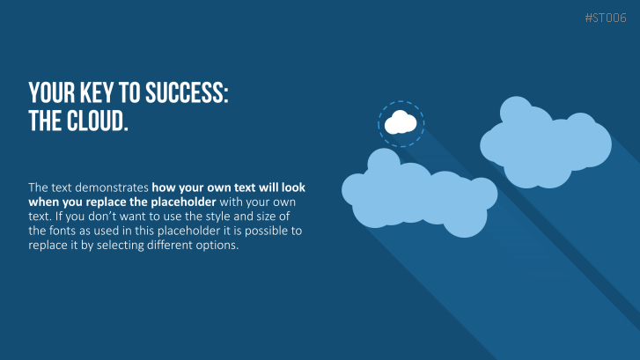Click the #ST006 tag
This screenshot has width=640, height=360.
point(606,18)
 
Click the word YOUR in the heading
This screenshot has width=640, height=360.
point(52,92)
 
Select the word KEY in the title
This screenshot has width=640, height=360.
point(96,92)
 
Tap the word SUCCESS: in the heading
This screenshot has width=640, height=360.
point(187,92)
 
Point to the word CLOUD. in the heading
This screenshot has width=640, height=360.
point(98,121)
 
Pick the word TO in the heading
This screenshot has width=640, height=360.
point(129,92)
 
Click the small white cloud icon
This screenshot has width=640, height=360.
point(401,122)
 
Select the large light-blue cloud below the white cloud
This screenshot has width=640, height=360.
point(420,193)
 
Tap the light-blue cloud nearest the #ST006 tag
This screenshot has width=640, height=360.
point(546,143)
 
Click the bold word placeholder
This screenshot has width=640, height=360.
point(183,202)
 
